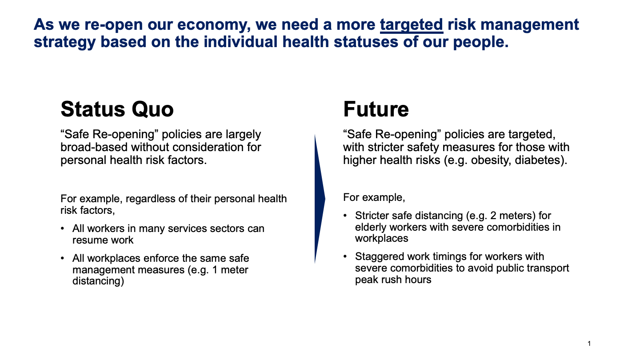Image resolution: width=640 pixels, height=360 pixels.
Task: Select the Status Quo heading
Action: [x=117, y=109]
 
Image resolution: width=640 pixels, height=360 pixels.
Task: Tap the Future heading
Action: [x=376, y=109]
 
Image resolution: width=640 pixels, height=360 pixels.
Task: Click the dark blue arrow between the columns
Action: [x=320, y=199]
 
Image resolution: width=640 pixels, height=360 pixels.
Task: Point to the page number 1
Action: [x=589, y=344]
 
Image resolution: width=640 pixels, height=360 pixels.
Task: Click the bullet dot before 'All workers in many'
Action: [x=63, y=228]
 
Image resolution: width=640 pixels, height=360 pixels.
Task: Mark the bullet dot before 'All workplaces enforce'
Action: [x=63, y=258]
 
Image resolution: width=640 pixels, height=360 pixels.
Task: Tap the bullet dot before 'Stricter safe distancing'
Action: [x=345, y=216]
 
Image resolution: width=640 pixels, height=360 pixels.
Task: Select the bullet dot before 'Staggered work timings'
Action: [x=345, y=256]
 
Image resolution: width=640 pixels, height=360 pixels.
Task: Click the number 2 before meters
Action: [x=493, y=216]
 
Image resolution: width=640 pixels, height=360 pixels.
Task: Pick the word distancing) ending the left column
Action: [x=98, y=281]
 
